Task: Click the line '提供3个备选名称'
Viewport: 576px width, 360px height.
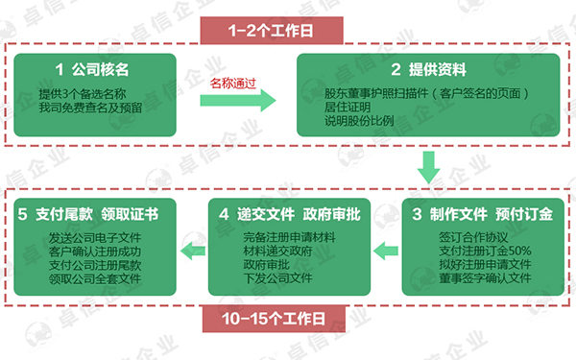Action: click(x=84, y=95)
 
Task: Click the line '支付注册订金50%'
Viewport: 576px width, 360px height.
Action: click(x=478, y=251)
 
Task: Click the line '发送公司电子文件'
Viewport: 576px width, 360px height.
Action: click(x=94, y=236)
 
